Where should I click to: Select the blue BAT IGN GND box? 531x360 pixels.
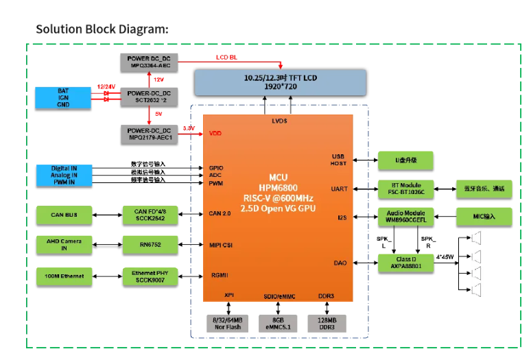63,97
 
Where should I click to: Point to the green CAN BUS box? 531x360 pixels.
63,215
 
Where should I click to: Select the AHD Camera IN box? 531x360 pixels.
63,243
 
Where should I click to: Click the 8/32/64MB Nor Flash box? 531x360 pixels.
228,323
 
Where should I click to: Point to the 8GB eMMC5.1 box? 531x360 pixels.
278,323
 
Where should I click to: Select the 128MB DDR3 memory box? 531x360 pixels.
327,323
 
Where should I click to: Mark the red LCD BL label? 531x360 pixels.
226,58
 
